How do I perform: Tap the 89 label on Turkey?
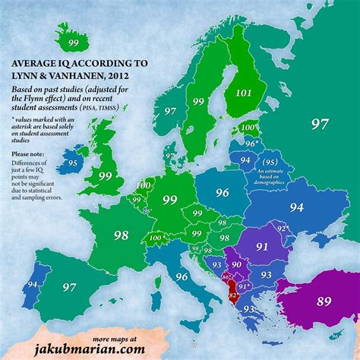[x=324, y=302]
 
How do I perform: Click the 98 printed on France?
[x=121, y=236]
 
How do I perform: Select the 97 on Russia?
[x=319, y=123]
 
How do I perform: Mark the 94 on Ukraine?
[x=295, y=207]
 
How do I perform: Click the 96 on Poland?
[x=222, y=193]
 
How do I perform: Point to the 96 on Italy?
[x=182, y=277]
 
